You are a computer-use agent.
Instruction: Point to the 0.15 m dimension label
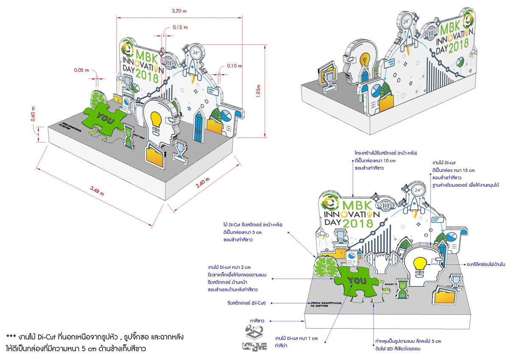tap(180, 27)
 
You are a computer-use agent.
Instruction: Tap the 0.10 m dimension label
tap(234, 66)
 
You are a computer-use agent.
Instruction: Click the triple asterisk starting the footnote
tap(11, 337)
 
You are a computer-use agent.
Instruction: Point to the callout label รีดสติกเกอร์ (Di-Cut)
tap(246, 303)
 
